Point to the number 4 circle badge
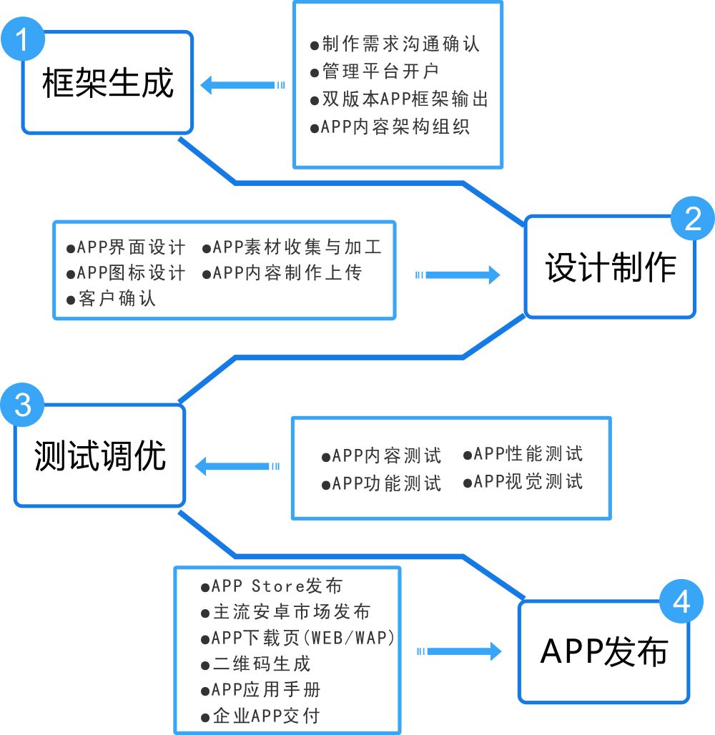point(681,602)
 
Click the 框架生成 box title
point(108,82)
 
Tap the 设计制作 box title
point(611,267)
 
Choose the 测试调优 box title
point(100,455)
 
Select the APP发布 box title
point(604,651)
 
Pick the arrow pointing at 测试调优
point(237,467)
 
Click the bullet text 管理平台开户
point(379,71)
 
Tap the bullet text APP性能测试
point(528,453)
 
